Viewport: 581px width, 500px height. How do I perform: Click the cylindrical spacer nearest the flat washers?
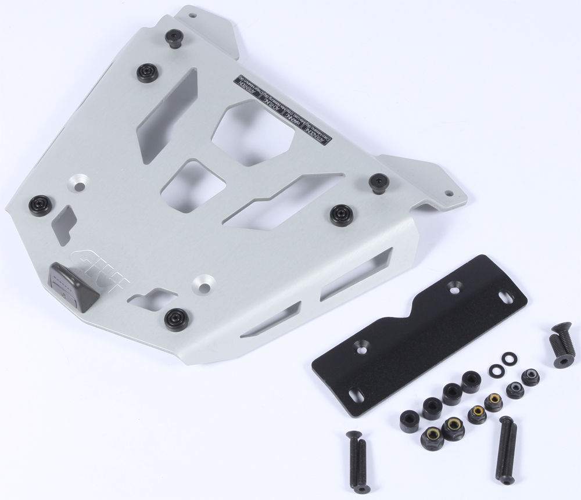tap(471, 382)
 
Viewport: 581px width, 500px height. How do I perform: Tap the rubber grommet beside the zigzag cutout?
tap(339, 215)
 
